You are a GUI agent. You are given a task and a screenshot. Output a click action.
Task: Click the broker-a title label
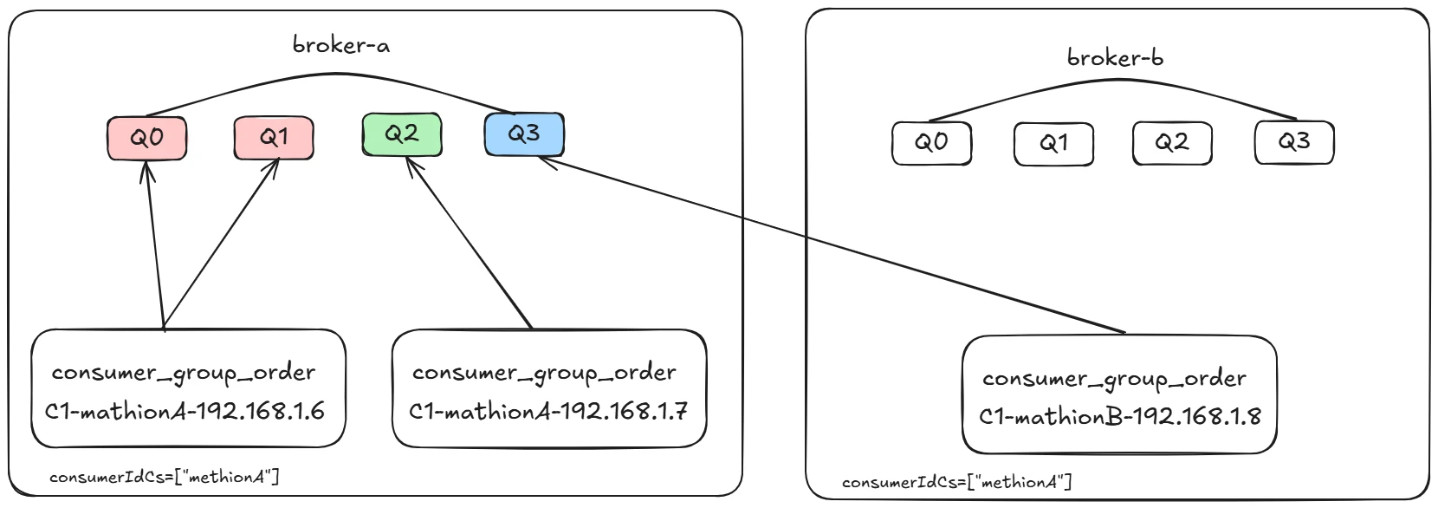coord(341,44)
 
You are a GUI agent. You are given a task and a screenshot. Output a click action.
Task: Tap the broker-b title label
coord(1115,58)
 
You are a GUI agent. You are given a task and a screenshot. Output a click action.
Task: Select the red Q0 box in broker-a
coord(146,138)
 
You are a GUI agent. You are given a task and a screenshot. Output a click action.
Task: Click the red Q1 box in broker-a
coord(274,138)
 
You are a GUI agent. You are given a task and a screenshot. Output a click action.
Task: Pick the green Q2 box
coord(402,134)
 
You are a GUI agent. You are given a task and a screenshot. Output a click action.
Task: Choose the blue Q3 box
coord(524,134)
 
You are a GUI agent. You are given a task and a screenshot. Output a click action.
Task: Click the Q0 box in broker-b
coord(931,143)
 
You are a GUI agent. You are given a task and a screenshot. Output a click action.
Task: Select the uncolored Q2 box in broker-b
coord(1172,143)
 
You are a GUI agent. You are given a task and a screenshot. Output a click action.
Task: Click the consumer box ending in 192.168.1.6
coord(188,388)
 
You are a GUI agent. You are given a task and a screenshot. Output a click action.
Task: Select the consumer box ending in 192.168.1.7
coord(549,388)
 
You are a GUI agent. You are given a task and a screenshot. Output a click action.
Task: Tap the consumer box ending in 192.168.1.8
coord(1119,394)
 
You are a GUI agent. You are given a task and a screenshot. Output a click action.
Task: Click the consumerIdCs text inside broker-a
coord(165,477)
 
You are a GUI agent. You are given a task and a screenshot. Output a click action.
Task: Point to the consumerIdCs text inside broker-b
coord(957,482)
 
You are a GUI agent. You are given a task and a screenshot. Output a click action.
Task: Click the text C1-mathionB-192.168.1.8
coord(1119,416)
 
